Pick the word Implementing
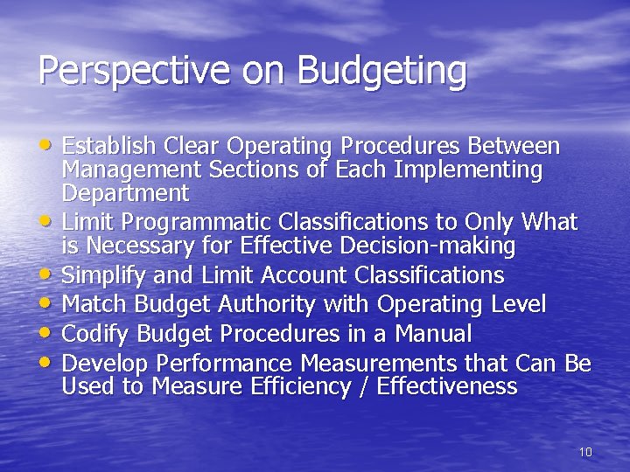point(468,170)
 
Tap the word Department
point(125,192)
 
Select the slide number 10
point(585,452)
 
